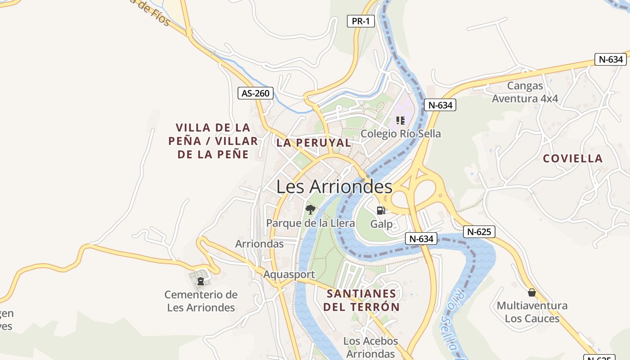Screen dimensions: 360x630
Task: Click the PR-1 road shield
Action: (x=360, y=21)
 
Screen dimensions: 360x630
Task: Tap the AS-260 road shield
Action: (x=256, y=94)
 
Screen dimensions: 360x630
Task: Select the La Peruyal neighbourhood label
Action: (x=314, y=143)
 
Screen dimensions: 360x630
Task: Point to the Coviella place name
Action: (x=572, y=158)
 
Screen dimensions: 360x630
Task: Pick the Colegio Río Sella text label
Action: (x=400, y=134)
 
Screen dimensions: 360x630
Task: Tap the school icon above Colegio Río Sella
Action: (x=400, y=120)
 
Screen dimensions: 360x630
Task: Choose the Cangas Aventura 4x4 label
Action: (x=525, y=92)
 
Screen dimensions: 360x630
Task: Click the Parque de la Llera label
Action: (x=310, y=223)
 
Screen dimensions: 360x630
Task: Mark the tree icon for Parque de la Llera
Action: (x=310, y=209)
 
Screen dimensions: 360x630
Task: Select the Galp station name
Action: (x=381, y=224)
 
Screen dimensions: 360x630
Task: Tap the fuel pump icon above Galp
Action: (x=381, y=210)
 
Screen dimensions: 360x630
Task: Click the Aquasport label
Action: (x=289, y=274)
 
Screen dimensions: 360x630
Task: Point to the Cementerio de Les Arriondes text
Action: (x=201, y=301)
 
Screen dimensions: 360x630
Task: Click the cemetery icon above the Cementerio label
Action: (x=201, y=282)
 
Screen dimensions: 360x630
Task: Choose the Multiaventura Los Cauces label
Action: (x=532, y=312)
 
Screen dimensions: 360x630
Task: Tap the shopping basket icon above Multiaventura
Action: (x=532, y=293)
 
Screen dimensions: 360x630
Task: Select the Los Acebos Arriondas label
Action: (x=370, y=347)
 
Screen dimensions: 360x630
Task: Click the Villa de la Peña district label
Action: (x=213, y=141)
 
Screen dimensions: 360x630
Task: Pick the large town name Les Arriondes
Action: (x=334, y=186)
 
